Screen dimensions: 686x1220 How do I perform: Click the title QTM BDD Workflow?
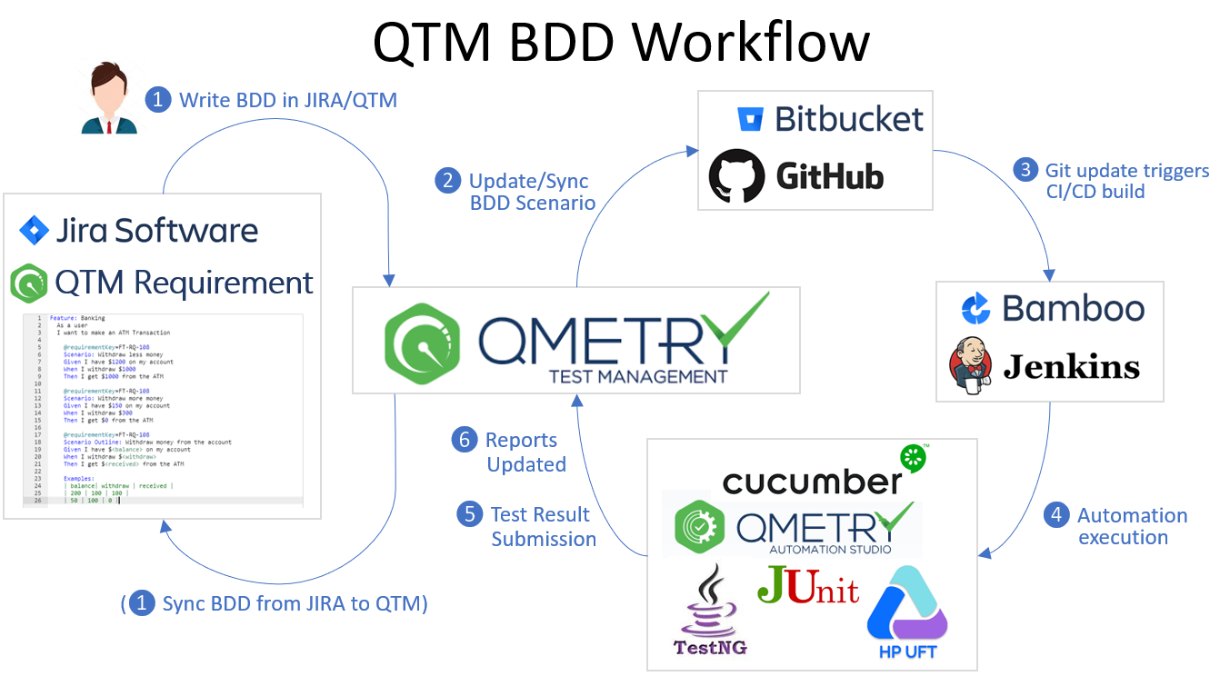click(x=621, y=43)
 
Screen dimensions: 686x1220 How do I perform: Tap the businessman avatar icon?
click(x=109, y=101)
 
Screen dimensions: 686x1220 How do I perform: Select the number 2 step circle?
click(x=447, y=180)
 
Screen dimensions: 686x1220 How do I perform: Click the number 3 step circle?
click(x=1025, y=170)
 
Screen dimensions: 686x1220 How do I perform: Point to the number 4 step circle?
click(x=1055, y=515)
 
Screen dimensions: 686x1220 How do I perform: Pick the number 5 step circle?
click(x=469, y=514)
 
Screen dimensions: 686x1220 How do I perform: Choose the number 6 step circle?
click(x=465, y=440)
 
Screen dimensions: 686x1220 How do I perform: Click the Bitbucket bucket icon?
click(x=750, y=119)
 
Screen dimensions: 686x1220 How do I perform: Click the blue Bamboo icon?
click(x=975, y=309)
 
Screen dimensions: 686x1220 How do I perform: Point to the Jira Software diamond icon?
click(x=35, y=231)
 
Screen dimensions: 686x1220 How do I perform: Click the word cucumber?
click(x=811, y=480)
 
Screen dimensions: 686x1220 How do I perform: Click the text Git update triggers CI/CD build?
click(x=1126, y=181)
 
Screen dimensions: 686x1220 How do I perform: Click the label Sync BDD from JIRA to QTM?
click(x=294, y=602)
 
